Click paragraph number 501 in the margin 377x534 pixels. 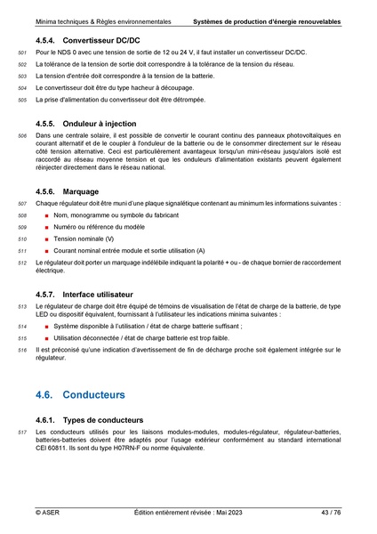coord(22,55)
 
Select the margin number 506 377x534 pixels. coord(22,135)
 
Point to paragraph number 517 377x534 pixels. coord(22,433)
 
